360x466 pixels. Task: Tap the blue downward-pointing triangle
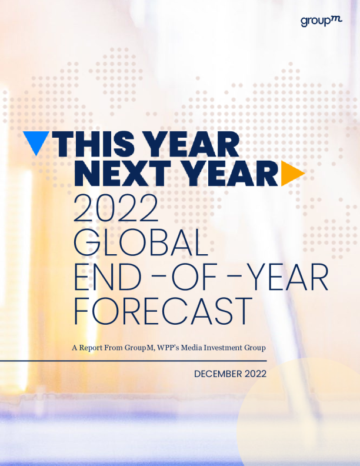pos(36,142)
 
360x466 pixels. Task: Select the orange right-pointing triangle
pos(292,172)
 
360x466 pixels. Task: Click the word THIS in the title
pos(95,144)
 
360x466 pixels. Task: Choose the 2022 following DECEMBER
pos(255,374)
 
